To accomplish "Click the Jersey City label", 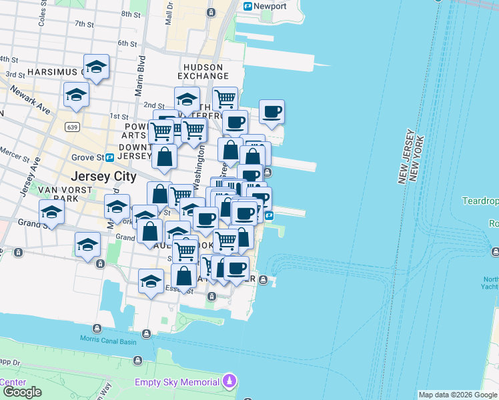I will [x=103, y=177].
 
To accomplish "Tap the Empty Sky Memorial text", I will [x=177, y=383].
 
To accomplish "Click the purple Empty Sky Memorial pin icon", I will [x=230, y=382].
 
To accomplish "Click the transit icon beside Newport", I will [x=248, y=7].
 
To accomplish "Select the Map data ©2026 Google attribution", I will [x=457, y=395].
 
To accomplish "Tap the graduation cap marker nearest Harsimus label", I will [x=97, y=67].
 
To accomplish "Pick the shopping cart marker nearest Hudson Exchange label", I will [x=225, y=99].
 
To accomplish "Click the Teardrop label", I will [x=480, y=201].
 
